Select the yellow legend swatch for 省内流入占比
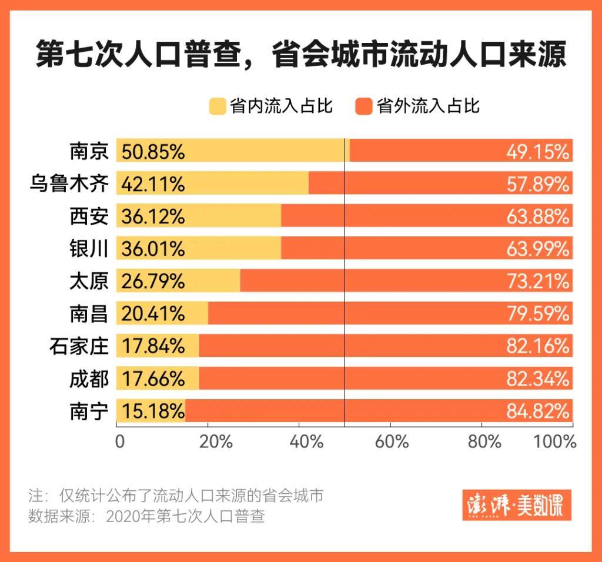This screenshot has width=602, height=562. click(217, 106)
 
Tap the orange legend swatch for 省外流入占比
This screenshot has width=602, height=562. click(364, 106)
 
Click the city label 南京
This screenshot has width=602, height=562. click(89, 151)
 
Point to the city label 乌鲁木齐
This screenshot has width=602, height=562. click(69, 184)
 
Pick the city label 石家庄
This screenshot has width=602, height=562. click(79, 346)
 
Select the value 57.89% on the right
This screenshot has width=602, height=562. click(537, 185)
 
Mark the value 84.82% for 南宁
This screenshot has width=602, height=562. click(537, 411)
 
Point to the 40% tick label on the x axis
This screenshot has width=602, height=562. click(307, 441)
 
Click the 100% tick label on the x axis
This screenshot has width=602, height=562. click(555, 441)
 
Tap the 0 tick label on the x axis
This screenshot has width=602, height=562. click(120, 441)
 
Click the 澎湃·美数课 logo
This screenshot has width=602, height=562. click(516, 506)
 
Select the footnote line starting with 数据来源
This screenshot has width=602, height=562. click(146, 517)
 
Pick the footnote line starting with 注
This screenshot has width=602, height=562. click(176, 495)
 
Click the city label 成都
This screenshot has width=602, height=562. click(89, 379)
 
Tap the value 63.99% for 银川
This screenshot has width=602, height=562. click(537, 249)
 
